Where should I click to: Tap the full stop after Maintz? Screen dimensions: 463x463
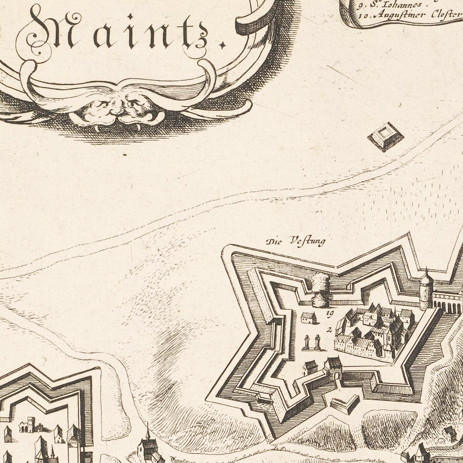[221, 47]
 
